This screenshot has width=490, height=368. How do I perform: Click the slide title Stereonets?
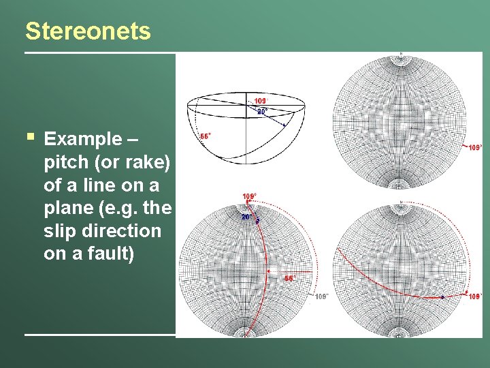[88, 31]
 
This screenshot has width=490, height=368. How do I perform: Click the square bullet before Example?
[29, 138]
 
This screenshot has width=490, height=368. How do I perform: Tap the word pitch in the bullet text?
[66, 162]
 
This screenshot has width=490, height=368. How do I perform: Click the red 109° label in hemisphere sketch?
[261, 102]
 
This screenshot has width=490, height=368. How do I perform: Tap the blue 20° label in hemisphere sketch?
[262, 110]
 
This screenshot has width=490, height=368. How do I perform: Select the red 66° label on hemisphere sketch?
[205, 136]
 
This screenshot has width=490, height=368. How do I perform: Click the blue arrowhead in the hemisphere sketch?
[284, 125]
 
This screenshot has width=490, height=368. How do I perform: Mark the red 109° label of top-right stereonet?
[475, 147]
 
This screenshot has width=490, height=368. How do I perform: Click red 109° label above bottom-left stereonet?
[249, 196]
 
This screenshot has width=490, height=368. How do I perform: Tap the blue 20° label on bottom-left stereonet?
[246, 217]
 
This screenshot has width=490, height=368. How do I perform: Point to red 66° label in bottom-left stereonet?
[289, 278]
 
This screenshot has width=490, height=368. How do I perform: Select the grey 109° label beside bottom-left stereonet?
[322, 296]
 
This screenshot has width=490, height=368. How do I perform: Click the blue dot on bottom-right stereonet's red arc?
[442, 297]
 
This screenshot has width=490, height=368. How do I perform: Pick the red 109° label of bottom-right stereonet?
[474, 296]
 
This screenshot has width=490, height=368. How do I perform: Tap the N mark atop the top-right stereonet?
[402, 54]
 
